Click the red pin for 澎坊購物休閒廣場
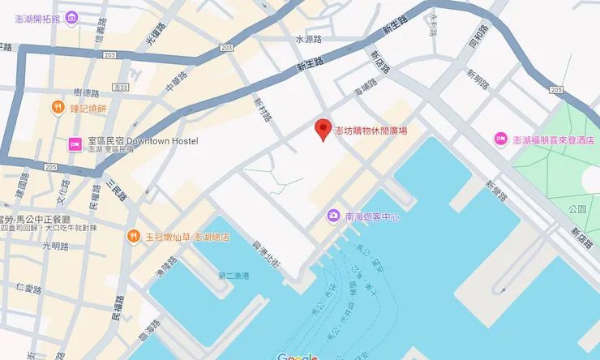click(324, 128)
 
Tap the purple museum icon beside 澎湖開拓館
click(71, 18)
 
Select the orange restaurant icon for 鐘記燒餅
click(58, 106)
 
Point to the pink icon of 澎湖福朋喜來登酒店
click(501, 139)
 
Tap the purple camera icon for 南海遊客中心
click(332, 216)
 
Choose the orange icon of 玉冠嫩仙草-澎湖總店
click(135, 237)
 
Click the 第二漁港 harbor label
click(234, 276)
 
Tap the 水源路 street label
click(308, 39)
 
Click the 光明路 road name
click(54, 246)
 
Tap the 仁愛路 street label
click(28, 288)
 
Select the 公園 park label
click(577, 209)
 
